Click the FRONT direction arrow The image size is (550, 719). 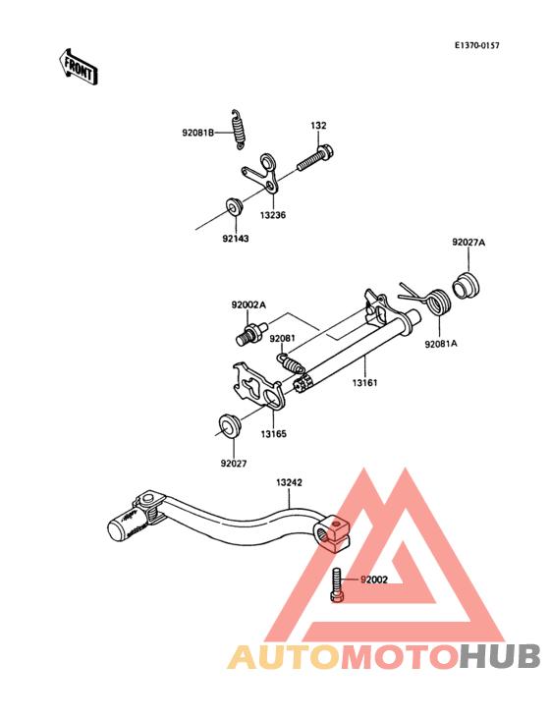pos(78,67)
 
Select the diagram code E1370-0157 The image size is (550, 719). pos(476,45)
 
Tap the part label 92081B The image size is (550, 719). pos(198,133)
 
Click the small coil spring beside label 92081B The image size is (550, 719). pos(238,129)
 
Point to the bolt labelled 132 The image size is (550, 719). pos(316,158)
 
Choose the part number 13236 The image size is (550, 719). pos(273,215)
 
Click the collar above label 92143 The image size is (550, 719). pos(235,206)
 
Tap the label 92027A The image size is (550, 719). pos(468,242)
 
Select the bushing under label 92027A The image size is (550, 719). pos(467,286)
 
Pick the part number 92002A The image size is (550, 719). pos(248,304)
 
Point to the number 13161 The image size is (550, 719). pos(364,382)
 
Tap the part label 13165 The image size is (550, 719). pos(274,434)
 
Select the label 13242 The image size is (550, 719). pos(289,482)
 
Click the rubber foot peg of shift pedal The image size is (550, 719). pos(129,526)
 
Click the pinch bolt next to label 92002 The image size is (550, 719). pos(337,584)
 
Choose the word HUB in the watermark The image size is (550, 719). pos(501,656)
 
